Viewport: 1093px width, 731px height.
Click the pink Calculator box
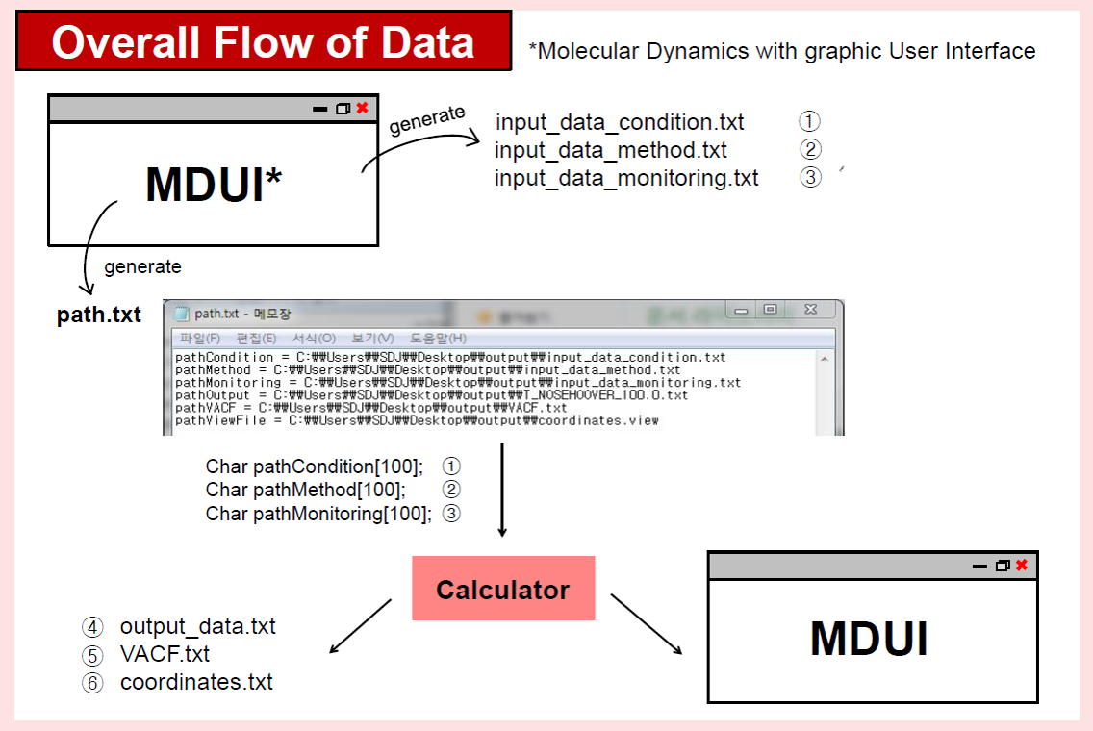(x=503, y=588)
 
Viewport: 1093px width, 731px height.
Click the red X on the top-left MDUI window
(x=363, y=108)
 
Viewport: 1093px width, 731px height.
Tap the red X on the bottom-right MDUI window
(x=1022, y=566)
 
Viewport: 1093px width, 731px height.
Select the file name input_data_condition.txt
(x=620, y=123)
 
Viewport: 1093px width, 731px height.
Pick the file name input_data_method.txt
(x=611, y=150)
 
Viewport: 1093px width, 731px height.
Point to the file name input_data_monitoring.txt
(x=626, y=178)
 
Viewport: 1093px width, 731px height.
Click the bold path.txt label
(x=98, y=315)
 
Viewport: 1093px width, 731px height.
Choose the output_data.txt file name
(x=198, y=626)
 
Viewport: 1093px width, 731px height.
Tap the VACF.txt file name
(x=165, y=654)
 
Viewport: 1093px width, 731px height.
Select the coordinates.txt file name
(x=196, y=682)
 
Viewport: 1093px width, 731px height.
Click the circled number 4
(x=92, y=627)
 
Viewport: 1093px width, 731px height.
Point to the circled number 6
(x=92, y=683)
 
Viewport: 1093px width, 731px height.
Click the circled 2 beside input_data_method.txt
(x=810, y=150)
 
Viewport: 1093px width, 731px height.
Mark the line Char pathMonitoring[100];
(x=318, y=515)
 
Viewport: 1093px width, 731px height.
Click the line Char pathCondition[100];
(x=315, y=466)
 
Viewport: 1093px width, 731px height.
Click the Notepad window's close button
(x=811, y=310)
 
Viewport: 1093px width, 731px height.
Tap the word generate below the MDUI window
(x=143, y=266)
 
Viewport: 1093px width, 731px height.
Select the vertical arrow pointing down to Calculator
(x=502, y=490)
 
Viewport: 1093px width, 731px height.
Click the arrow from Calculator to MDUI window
(x=647, y=624)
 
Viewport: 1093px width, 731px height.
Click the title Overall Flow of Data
(x=263, y=41)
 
